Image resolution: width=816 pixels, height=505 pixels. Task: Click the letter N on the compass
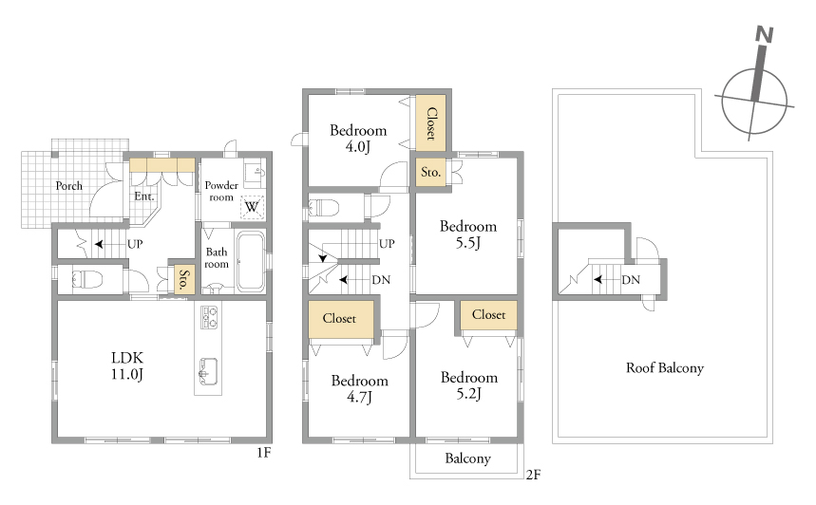click(764, 35)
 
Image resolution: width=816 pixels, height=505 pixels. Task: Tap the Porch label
click(68, 186)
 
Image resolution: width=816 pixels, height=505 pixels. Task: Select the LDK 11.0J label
click(127, 365)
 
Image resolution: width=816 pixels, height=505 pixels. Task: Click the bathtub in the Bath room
click(251, 261)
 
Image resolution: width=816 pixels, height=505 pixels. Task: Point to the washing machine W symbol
click(252, 207)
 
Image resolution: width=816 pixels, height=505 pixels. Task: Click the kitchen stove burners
click(209, 318)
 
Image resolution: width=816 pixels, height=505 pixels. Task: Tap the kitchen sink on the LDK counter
click(208, 371)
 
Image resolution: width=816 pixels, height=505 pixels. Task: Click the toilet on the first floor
click(86, 279)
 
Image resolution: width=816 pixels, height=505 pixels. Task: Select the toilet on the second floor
click(324, 208)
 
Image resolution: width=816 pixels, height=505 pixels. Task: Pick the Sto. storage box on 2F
click(430, 172)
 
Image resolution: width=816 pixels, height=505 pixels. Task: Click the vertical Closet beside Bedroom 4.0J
click(430, 122)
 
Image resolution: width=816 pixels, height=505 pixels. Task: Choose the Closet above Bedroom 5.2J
click(488, 314)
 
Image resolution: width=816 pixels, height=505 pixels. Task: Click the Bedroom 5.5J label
click(468, 234)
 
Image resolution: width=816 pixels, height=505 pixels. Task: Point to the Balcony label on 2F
click(467, 458)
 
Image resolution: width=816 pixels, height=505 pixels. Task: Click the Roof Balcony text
click(665, 368)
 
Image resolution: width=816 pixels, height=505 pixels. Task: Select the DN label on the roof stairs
click(631, 280)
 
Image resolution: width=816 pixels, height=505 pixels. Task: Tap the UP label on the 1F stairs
click(135, 244)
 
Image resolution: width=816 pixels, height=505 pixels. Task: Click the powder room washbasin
click(255, 172)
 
